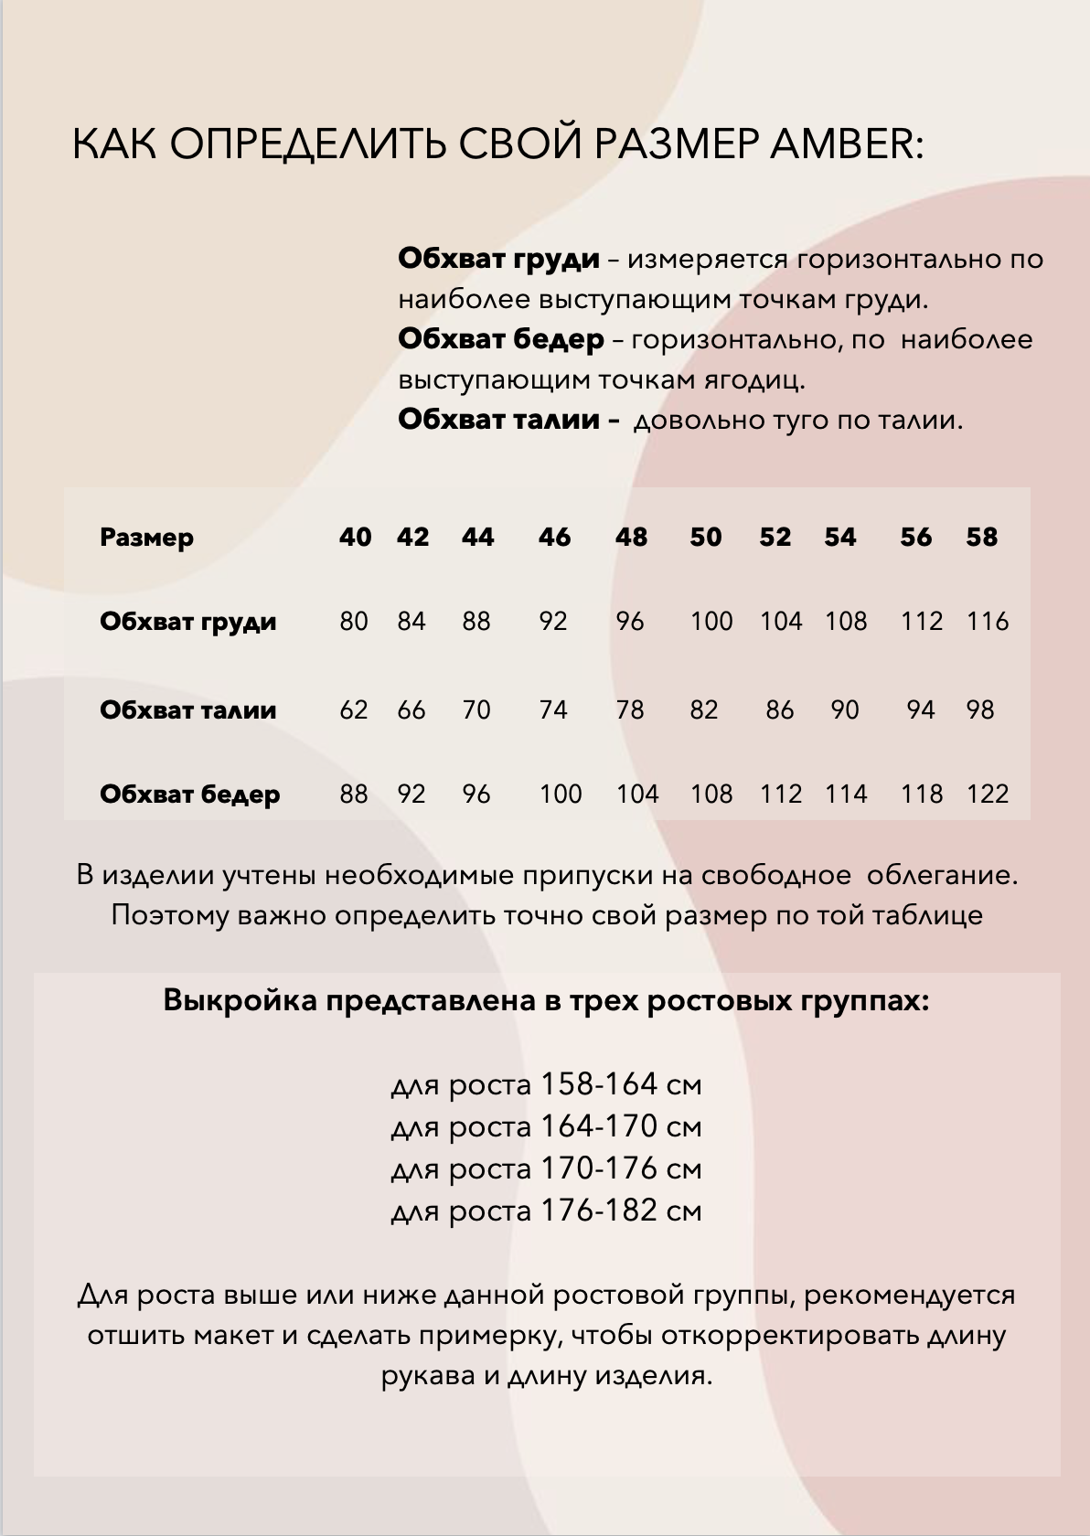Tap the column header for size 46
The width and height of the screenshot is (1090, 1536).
click(x=554, y=537)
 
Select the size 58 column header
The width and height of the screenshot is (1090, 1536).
click(x=981, y=537)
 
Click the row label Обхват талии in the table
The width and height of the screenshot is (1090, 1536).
click(x=187, y=709)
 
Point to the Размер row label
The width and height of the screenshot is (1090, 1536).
click(x=146, y=537)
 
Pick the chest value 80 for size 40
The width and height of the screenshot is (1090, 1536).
click(x=354, y=622)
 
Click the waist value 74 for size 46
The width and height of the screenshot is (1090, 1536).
click(x=553, y=709)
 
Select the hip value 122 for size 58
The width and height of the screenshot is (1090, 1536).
click(x=988, y=794)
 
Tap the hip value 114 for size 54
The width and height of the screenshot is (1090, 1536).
click(x=846, y=794)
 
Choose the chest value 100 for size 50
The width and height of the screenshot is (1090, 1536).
click(x=711, y=622)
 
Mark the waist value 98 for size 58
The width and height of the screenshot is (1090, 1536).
click(x=979, y=709)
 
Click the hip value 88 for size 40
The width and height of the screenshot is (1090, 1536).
click(x=354, y=794)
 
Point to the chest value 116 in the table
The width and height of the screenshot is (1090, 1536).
click(x=988, y=622)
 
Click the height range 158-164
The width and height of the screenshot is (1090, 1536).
click(x=599, y=1084)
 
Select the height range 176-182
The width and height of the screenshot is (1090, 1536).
click(x=599, y=1211)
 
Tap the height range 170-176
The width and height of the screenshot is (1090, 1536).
click(x=599, y=1168)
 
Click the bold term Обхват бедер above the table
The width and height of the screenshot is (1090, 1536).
click(x=501, y=339)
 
